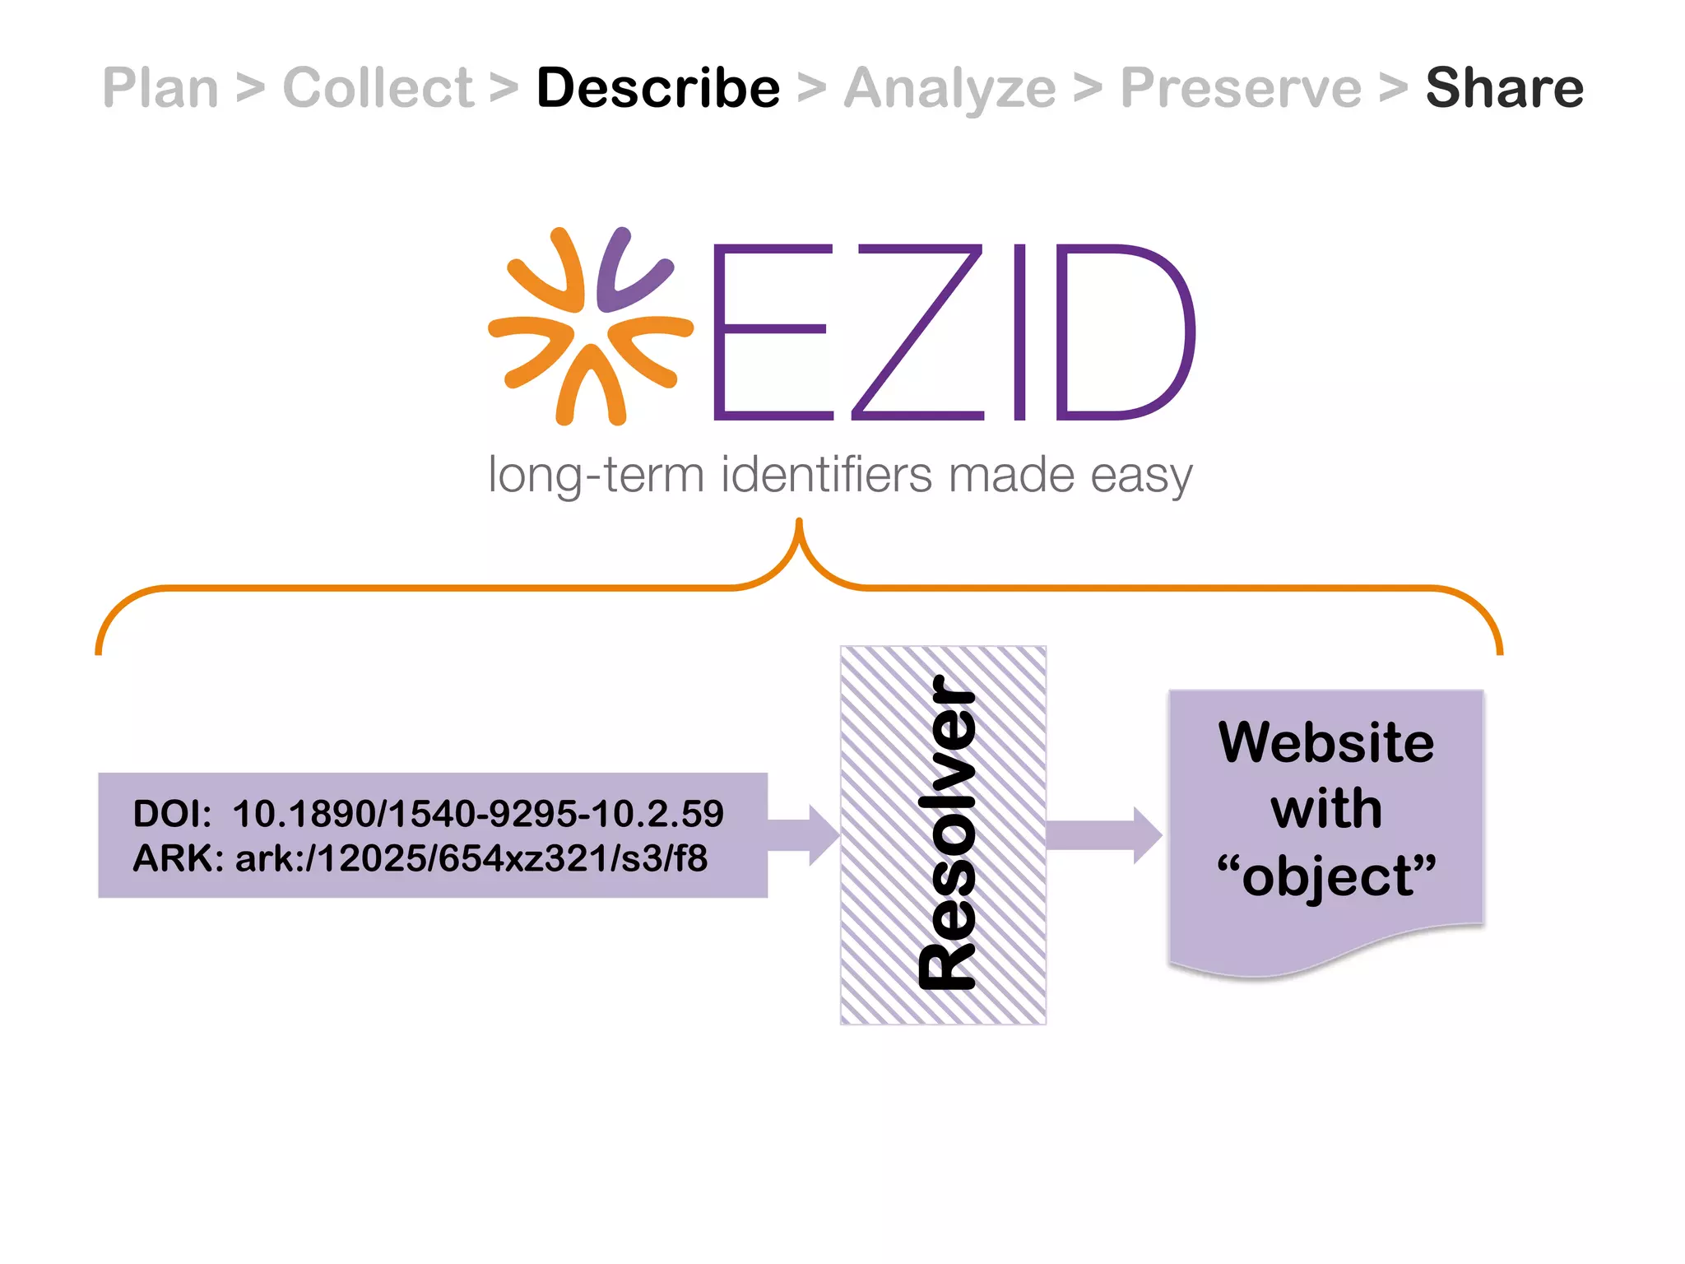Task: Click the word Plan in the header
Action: [x=160, y=88]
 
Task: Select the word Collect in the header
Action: [x=378, y=88]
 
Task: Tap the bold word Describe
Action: [x=658, y=88]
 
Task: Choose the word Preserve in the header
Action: [x=1241, y=88]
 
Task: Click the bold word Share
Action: [x=1504, y=88]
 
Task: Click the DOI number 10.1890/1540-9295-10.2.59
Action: [x=478, y=814]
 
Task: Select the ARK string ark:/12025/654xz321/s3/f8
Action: [x=471, y=858]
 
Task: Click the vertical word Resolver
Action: [x=946, y=833]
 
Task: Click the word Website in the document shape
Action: [x=1326, y=742]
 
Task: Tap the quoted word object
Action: [x=1326, y=876]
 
